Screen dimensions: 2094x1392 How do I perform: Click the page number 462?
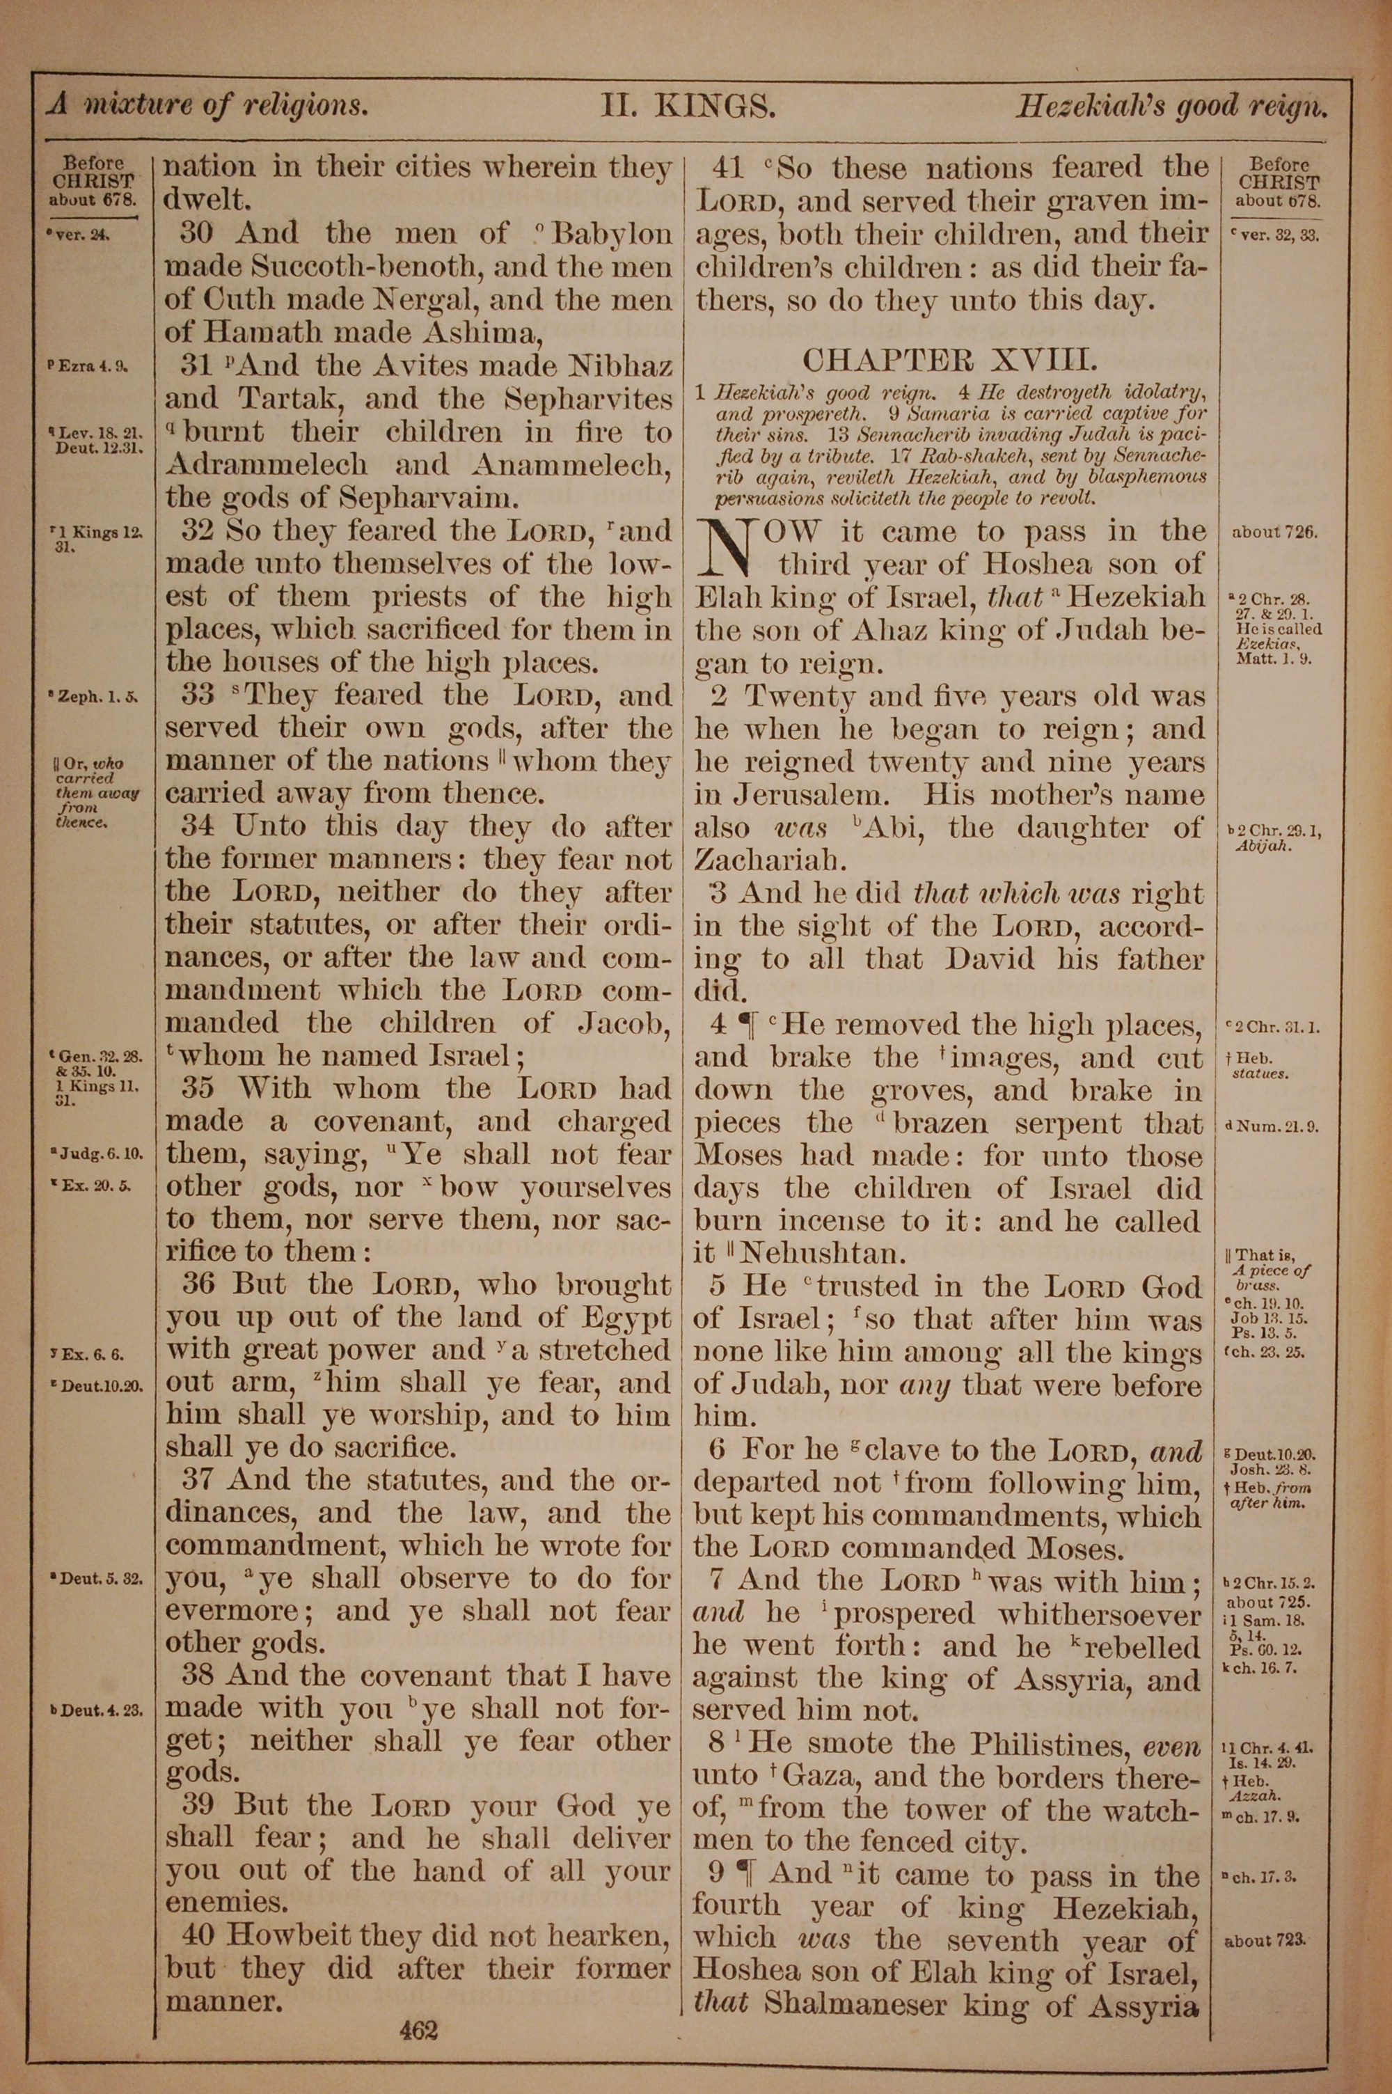[419, 2004]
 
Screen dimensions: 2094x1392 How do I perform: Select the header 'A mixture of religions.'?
[207, 106]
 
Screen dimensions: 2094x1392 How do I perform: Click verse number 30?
[197, 233]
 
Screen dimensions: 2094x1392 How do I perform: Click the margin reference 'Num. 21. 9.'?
[1272, 1127]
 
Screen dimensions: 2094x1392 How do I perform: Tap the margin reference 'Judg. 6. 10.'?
[97, 1154]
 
